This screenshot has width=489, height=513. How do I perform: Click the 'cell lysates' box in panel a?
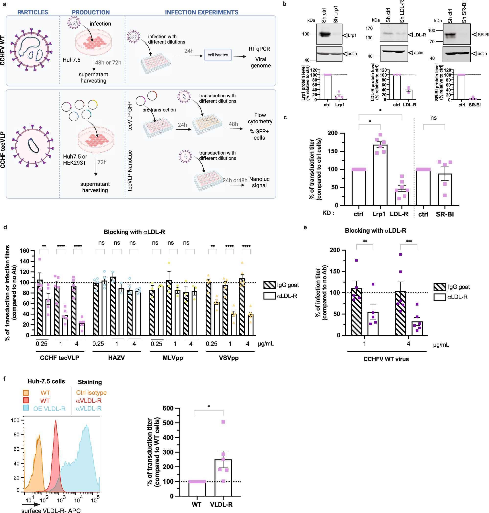[x=218, y=55]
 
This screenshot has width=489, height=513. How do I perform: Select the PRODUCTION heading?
[x=90, y=12]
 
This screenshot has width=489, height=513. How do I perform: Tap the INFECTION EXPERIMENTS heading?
[x=201, y=12]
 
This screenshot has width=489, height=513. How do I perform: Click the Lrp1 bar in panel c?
[x=380, y=175]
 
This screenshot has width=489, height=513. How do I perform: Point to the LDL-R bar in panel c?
[x=401, y=197]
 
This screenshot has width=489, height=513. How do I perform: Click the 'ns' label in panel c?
[x=433, y=118]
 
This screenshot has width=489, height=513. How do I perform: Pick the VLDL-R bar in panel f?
[x=223, y=477]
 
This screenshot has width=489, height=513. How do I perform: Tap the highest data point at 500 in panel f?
[x=223, y=422]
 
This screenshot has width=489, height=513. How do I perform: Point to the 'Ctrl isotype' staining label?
[x=91, y=392]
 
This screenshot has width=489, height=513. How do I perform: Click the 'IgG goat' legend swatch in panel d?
[x=269, y=285]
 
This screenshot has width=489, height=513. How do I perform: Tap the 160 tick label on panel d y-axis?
[x=24, y=251]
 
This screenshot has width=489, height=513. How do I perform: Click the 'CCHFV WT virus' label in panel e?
[x=386, y=359]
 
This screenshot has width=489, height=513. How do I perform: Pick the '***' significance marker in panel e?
[x=409, y=241]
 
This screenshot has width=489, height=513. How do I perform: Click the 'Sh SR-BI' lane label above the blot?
[x=464, y=12]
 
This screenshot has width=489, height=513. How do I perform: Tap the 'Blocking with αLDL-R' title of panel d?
[x=134, y=232]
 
